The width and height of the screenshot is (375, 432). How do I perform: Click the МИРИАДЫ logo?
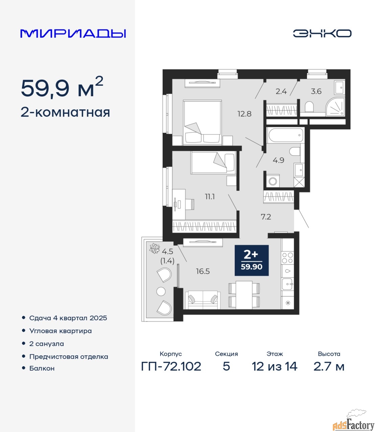pyautogui.click(x=73, y=33)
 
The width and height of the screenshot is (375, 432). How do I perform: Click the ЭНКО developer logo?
pyautogui.click(x=322, y=33)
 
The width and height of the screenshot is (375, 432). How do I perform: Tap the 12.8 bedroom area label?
pyautogui.click(x=244, y=114)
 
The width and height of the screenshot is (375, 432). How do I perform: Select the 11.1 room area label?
pyautogui.click(x=210, y=197)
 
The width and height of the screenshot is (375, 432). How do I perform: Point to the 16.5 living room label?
pyautogui.click(x=203, y=271)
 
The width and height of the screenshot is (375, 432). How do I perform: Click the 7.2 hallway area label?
pyautogui.click(x=266, y=217)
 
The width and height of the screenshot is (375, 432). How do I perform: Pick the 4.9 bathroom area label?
pyautogui.click(x=278, y=160)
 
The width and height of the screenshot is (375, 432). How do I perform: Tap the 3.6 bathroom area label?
pyautogui.click(x=316, y=91)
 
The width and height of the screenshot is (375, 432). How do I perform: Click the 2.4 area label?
pyautogui.click(x=281, y=91)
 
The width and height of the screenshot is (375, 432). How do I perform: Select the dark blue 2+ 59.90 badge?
pyautogui.click(x=252, y=261)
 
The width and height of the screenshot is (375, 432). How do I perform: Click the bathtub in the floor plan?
pyautogui.click(x=285, y=135)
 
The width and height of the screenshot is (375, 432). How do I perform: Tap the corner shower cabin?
pyautogui.click(x=335, y=107)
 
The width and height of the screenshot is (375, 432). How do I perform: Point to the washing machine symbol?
pyautogui.click(x=273, y=181)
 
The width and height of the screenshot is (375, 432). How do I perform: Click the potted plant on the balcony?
pyautogui.click(x=154, y=248)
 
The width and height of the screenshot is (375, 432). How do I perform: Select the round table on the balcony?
pyautogui.click(x=161, y=292)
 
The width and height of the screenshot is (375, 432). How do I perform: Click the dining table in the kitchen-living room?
pyautogui.click(x=244, y=295)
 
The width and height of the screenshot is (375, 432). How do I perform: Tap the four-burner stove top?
pyautogui.click(x=287, y=258)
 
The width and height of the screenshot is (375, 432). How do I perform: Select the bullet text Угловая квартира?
pyautogui.click(x=61, y=331)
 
